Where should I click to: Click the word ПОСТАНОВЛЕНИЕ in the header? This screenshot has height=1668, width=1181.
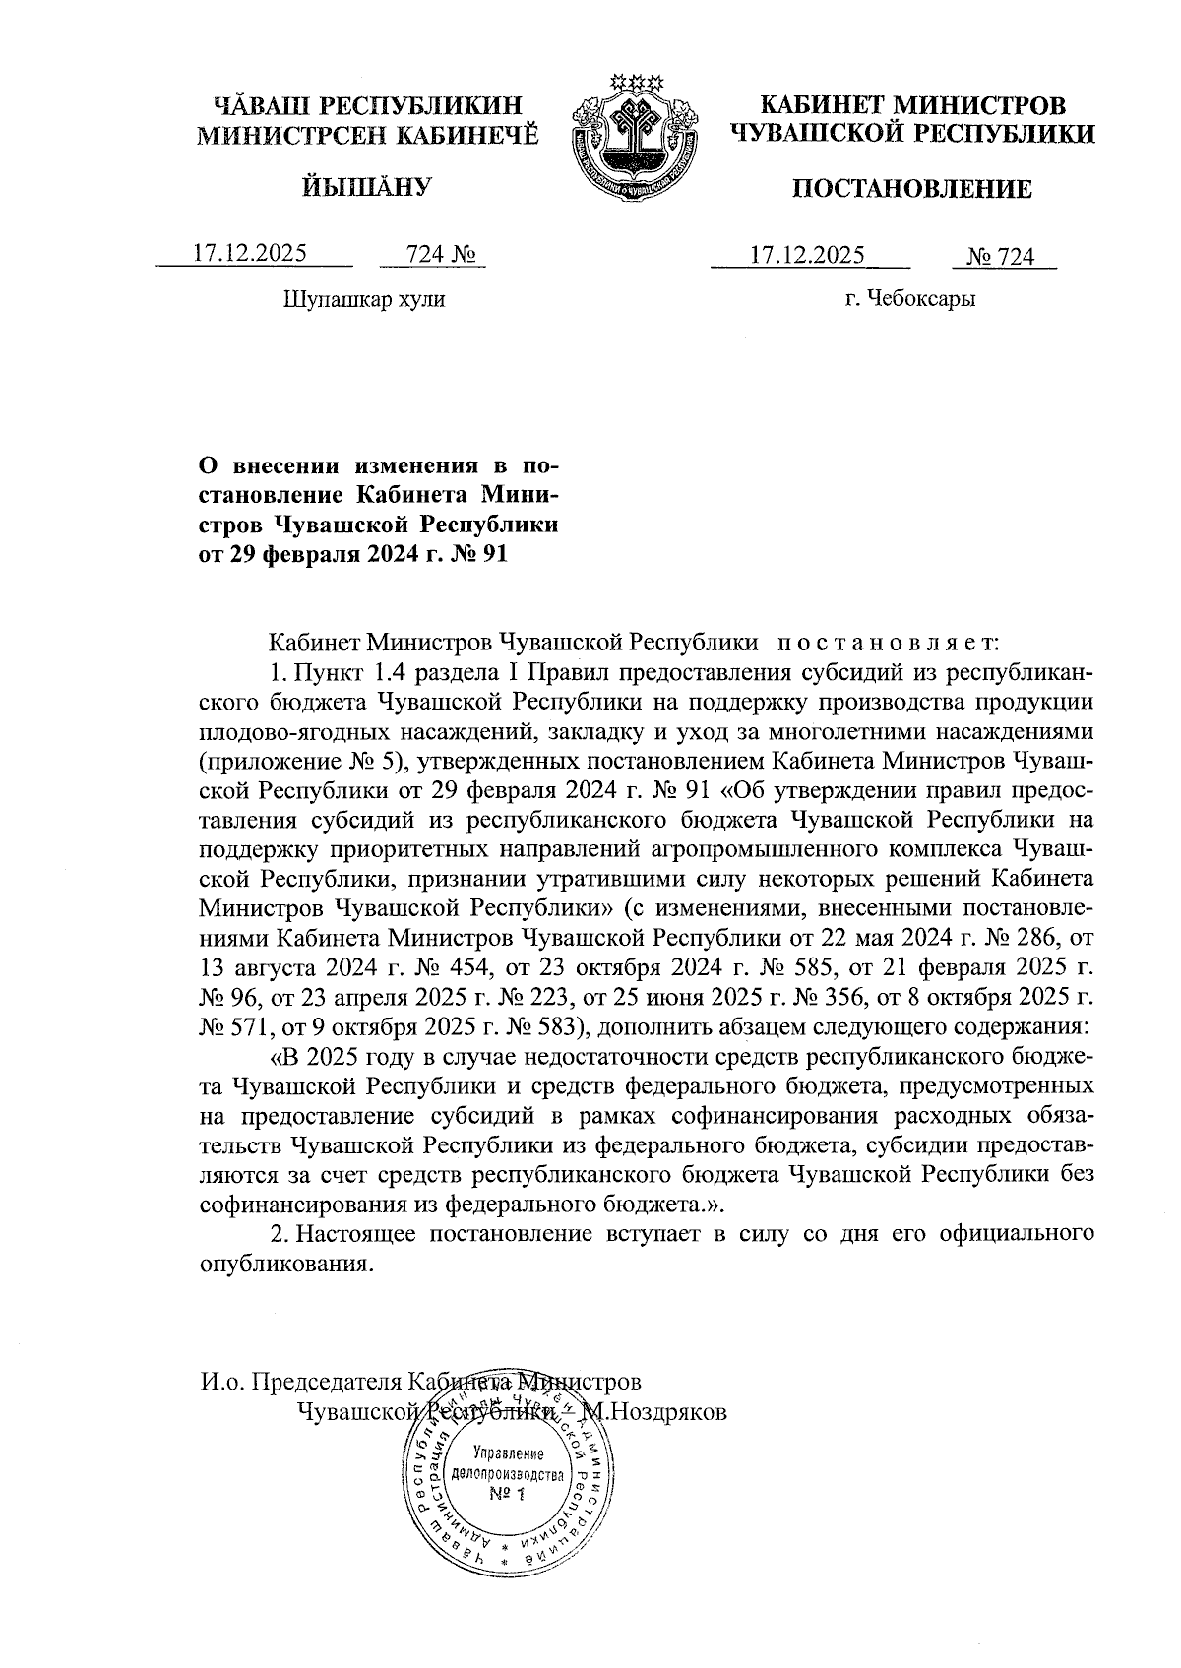tap(912, 189)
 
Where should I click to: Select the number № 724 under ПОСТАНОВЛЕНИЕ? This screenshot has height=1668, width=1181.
tap(1002, 257)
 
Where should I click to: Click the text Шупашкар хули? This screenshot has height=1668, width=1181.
tap(363, 298)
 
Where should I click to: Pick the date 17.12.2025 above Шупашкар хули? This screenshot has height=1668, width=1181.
tap(250, 253)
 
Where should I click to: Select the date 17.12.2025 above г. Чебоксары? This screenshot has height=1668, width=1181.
tap(807, 256)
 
